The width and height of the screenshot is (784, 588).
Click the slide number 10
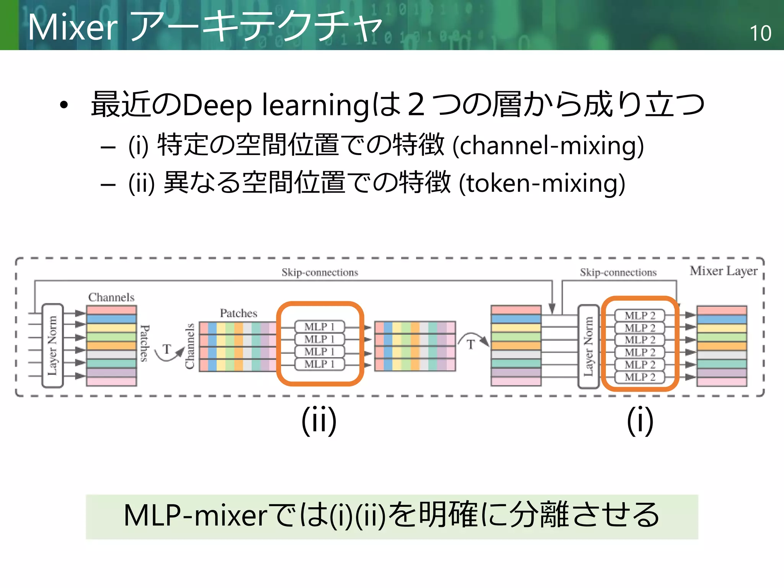760,33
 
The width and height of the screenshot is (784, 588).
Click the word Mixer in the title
73,28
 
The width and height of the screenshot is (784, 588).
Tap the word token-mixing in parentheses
542,183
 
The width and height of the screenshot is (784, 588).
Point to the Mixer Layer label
724,271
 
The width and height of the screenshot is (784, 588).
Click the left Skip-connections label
320,273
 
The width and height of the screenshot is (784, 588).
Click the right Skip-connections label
618,273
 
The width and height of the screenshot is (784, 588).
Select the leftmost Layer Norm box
52,345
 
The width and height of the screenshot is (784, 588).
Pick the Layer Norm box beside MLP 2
588,346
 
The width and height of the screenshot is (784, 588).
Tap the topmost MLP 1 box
320,327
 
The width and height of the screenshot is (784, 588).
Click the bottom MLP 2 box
640,377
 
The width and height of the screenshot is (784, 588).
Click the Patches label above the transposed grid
238,313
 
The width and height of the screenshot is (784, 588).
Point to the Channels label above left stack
111,297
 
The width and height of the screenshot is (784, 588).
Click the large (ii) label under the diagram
319,420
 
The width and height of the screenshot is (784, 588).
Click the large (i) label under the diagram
640,420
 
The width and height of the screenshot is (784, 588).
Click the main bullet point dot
64,105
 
